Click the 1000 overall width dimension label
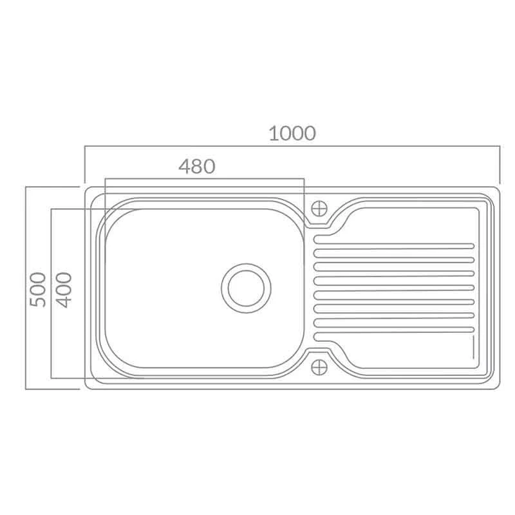pos(292,133)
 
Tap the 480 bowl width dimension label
pos(196,167)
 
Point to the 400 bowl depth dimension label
pos(64,289)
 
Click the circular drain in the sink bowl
pos(245,287)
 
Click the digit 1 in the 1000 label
pos(273,133)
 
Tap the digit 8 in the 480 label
pos(196,167)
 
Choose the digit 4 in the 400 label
pos(64,301)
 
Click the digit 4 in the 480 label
pos(184,167)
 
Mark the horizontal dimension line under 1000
pos(292,147)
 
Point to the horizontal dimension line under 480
pos(203,179)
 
